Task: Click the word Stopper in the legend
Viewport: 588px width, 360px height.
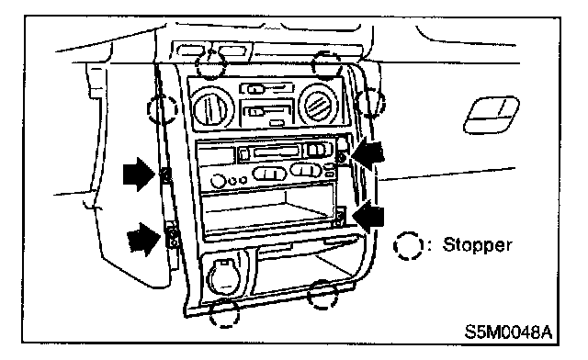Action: click(x=477, y=245)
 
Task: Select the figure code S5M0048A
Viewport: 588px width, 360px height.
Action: click(x=508, y=332)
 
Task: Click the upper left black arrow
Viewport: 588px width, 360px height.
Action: click(x=139, y=174)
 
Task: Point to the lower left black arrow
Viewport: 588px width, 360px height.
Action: click(x=143, y=240)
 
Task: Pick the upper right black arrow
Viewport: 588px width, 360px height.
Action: click(x=367, y=154)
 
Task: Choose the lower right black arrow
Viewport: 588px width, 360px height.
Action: click(x=368, y=217)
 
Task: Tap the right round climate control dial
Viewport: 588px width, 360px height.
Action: click(x=318, y=104)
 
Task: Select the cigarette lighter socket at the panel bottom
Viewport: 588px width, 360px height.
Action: click(x=223, y=276)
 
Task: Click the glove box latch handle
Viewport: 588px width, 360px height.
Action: click(x=492, y=115)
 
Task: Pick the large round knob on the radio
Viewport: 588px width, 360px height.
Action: click(x=218, y=181)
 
